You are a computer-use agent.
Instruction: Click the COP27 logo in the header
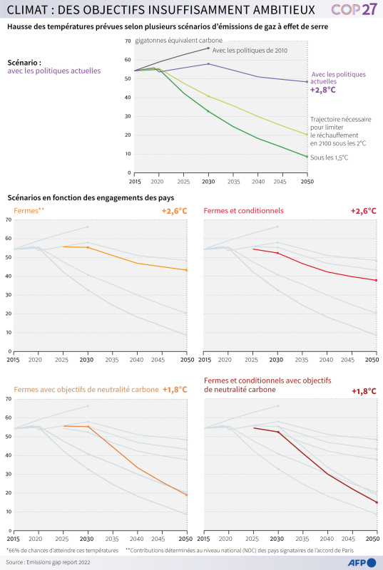pyautogui.click(x=354, y=9)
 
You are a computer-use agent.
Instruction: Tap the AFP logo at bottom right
pyautogui.click(x=362, y=562)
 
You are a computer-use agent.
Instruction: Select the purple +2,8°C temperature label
pyautogui.click(x=322, y=90)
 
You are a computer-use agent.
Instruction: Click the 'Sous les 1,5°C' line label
pyautogui.click(x=330, y=157)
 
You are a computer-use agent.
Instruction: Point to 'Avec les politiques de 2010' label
pyautogui.click(x=250, y=51)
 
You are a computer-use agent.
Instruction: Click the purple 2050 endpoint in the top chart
pyautogui.click(x=307, y=82)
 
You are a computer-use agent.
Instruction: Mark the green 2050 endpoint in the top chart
pyautogui.click(x=307, y=157)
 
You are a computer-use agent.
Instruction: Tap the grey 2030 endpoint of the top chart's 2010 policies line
pyautogui.click(x=208, y=48)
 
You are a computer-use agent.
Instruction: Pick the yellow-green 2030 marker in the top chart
pyautogui.click(x=208, y=96)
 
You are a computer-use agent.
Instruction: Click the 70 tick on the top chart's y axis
pyautogui.click(x=128, y=41)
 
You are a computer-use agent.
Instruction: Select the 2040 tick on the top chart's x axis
pyautogui.click(x=258, y=182)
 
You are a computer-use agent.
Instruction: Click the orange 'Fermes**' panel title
pyautogui.click(x=29, y=210)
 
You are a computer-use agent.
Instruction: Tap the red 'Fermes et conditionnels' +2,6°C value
pyautogui.click(x=363, y=211)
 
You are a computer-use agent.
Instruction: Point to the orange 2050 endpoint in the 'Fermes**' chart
pyautogui.click(x=187, y=270)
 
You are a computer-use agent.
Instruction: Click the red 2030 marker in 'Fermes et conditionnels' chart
pyautogui.click(x=277, y=253)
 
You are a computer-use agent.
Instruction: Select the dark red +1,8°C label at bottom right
pyautogui.click(x=364, y=391)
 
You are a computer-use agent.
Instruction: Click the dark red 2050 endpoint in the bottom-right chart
pyautogui.click(x=377, y=502)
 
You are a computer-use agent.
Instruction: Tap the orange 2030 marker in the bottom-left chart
pyautogui.click(x=88, y=426)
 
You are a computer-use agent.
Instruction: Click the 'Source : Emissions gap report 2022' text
pyautogui.click(x=48, y=562)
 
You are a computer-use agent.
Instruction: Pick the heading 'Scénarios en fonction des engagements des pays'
pyautogui.click(x=91, y=198)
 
